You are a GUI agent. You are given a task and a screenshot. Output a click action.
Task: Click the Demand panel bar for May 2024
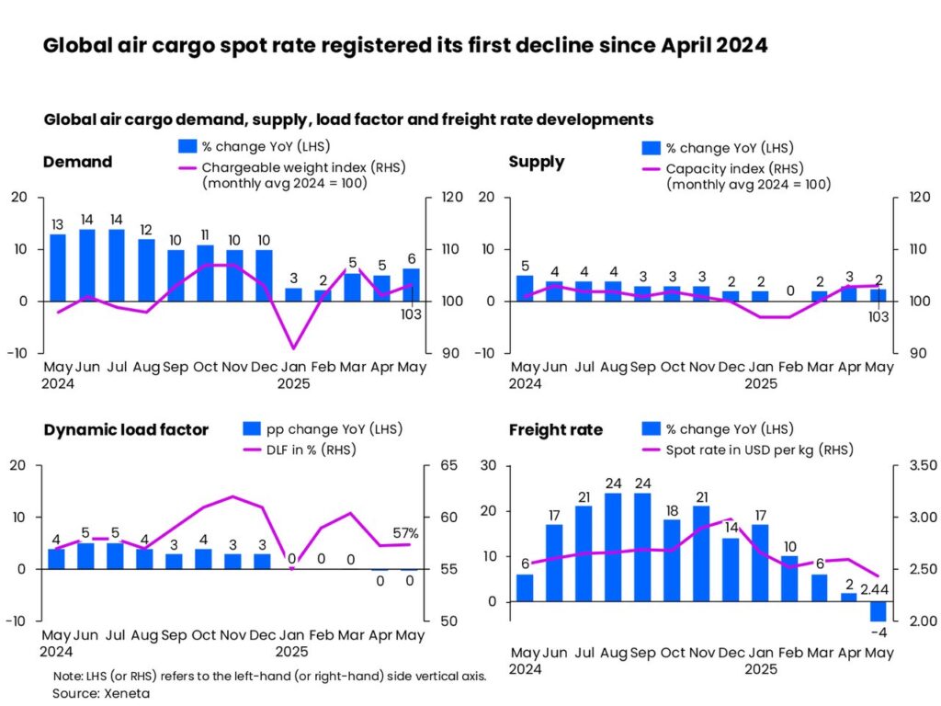click(x=58, y=268)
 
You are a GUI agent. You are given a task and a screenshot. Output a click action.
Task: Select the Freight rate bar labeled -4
click(x=878, y=612)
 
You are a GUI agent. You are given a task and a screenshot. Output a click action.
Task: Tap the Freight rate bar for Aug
click(x=613, y=547)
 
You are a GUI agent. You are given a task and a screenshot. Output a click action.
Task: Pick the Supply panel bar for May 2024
click(x=525, y=288)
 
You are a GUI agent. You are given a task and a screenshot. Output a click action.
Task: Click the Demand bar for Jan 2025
click(x=293, y=294)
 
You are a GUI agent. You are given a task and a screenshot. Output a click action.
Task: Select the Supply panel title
click(x=537, y=162)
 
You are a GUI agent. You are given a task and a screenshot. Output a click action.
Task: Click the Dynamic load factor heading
click(x=126, y=429)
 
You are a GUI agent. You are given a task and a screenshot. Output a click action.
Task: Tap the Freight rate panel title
click(x=556, y=429)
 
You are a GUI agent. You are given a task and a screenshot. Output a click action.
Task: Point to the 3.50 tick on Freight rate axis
click(x=921, y=465)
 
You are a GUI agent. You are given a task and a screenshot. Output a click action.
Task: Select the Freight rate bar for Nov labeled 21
click(x=701, y=553)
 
